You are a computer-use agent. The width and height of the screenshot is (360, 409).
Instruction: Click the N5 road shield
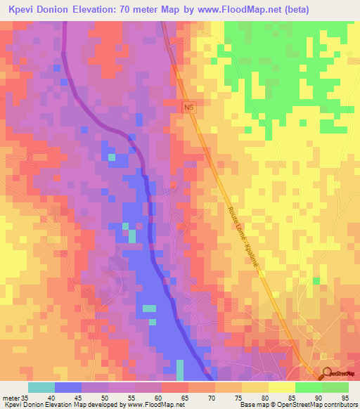click(188, 107)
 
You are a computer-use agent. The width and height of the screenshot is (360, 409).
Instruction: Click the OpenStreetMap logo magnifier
click(327, 374)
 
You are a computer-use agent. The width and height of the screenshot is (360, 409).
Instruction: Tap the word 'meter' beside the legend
click(10, 397)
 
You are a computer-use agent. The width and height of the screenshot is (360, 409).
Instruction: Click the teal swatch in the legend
click(41, 387)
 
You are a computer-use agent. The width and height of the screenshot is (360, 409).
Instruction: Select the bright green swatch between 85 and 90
click(308, 387)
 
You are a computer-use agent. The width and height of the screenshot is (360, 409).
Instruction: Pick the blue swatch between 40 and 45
click(67, 387)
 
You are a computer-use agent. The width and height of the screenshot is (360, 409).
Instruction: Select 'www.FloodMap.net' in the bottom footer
click(151, 405)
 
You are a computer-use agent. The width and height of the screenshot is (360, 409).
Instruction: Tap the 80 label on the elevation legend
click(264, 397)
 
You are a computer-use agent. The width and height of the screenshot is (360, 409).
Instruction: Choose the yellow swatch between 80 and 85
click(281, 387)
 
